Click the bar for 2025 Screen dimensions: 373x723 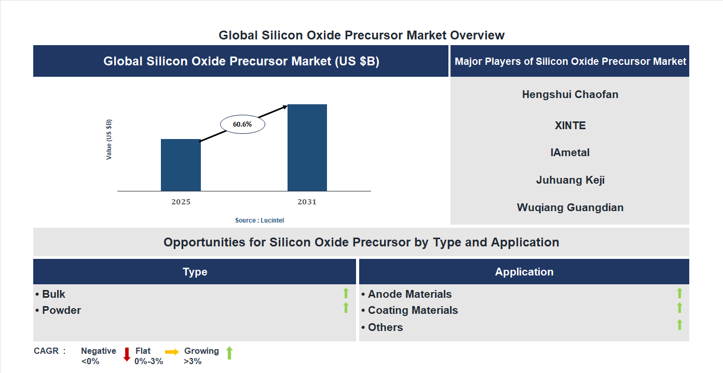click(181, 165)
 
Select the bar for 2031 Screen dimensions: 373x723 click(307, 148)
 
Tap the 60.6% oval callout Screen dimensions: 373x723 click(242, 125)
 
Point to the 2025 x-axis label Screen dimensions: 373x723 click(181, 202)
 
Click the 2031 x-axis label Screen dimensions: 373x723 click(307, 202)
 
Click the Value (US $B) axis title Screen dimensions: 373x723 click(109, 140)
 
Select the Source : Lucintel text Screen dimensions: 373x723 click(260, 220)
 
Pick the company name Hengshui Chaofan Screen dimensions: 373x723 click(570, 94)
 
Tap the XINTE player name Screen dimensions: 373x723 click(570, 126)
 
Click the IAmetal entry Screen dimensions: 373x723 click(570, 153)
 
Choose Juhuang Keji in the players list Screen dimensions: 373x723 click(570, 180)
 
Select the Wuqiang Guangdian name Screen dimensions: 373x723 click(570, 208)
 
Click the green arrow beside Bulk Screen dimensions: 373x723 click(346, 293)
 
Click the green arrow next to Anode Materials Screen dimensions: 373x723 click(679, 293)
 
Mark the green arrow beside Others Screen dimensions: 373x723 click(679, 325)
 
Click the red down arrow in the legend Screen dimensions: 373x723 click(127, 354)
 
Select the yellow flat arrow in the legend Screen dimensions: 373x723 click(172, 352)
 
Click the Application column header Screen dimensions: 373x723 click(524, 272)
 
